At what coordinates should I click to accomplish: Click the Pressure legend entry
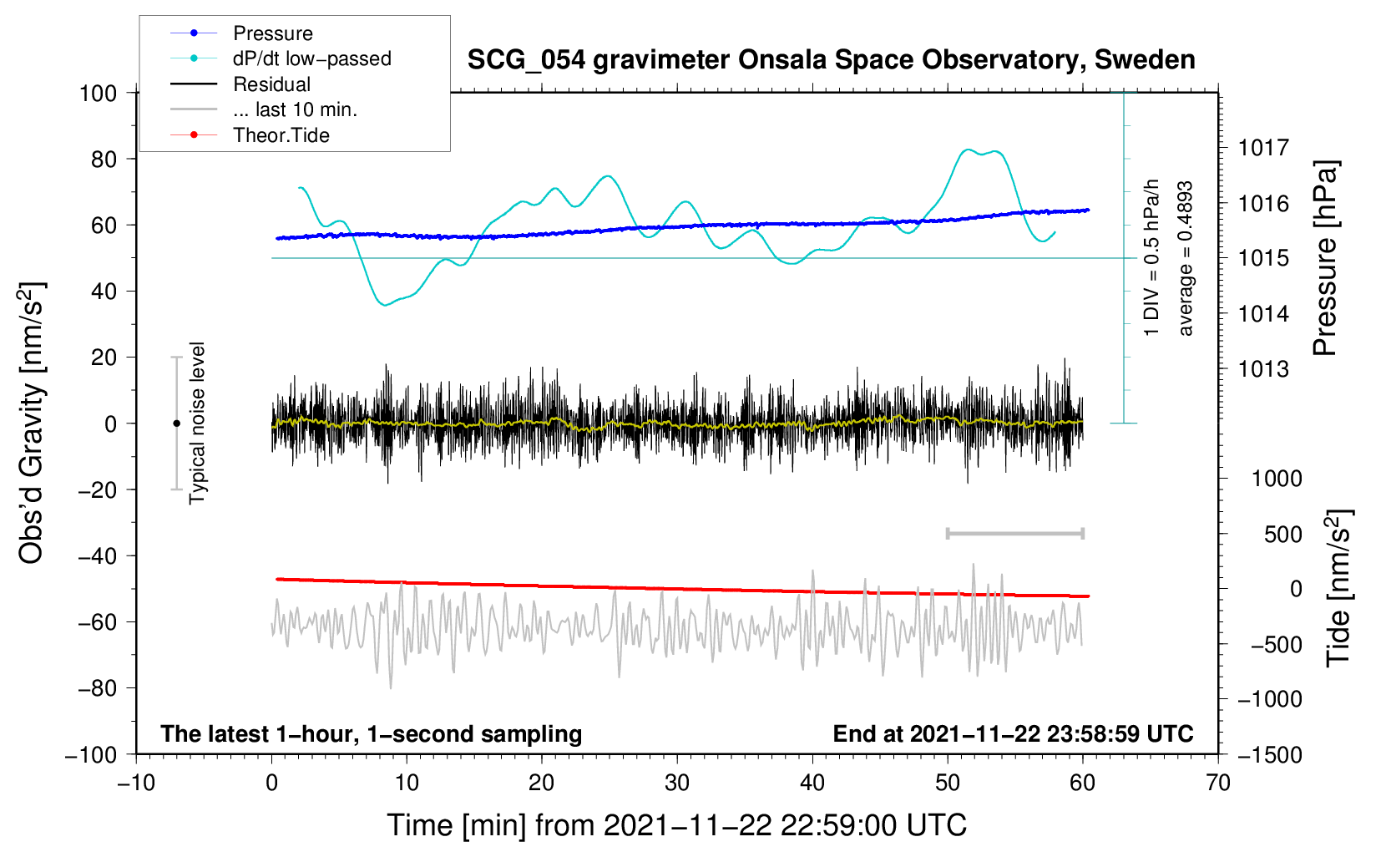(x=272, y=33)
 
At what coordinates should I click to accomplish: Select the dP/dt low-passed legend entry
(x=311, y=58)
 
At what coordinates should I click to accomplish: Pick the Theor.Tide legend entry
(x=281, y=135)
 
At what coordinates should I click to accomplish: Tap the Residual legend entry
(x=271, y=84)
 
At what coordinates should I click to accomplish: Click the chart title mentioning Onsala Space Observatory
(x=831, y=60)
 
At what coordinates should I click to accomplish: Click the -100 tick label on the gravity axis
(x=91, y=754)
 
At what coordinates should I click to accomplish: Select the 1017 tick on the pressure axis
(x=1263, y=148)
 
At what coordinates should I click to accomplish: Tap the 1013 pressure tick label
(x=1263, y=369)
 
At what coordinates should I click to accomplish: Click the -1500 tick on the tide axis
(x=1270, y=754)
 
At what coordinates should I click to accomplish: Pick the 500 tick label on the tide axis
(x=1282, y=535)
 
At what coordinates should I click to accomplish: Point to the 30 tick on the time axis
(x=677, y=783)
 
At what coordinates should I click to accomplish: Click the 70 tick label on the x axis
(x=1218, y=783)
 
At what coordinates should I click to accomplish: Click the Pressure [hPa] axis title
(x=1325, y=258)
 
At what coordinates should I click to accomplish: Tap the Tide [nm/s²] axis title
(x=1338, y=587)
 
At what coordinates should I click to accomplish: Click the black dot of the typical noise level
(x=176, y=423)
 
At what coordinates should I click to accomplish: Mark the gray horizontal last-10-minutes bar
(x=1014, y=534)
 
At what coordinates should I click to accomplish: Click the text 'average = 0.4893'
(x=1185, y=258)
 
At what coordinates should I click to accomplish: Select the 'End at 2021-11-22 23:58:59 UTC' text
(x=1013, y=733)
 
